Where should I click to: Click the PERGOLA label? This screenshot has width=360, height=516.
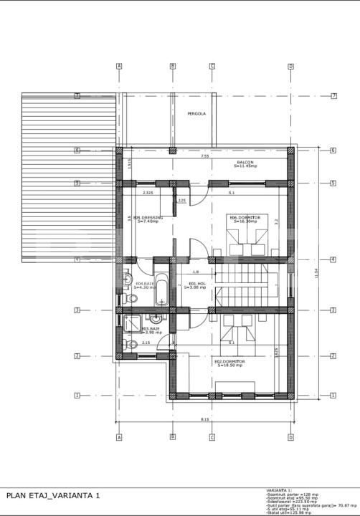tap(196, 114)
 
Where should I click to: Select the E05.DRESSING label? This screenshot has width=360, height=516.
tap(148, 219)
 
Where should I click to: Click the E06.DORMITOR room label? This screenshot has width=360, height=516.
tap(244, 219)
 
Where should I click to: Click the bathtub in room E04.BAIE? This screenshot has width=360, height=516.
tap(162, 290)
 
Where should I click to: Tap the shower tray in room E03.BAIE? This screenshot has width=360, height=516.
tap(132, 323)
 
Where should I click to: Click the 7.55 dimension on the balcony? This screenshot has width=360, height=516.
tap(205, 156)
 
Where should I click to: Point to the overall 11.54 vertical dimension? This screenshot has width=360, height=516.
tap(316, 272)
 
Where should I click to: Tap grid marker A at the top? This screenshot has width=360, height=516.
tap(119, 66)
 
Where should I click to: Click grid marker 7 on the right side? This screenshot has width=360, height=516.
tap(333, 95)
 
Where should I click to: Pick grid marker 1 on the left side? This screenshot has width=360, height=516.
tap(77, 395)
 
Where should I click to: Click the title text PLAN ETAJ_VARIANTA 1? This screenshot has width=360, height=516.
tap(54, 495)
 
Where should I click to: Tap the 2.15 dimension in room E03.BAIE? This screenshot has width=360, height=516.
tap(146, 343)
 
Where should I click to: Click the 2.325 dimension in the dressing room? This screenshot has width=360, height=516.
tap(148, 193)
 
